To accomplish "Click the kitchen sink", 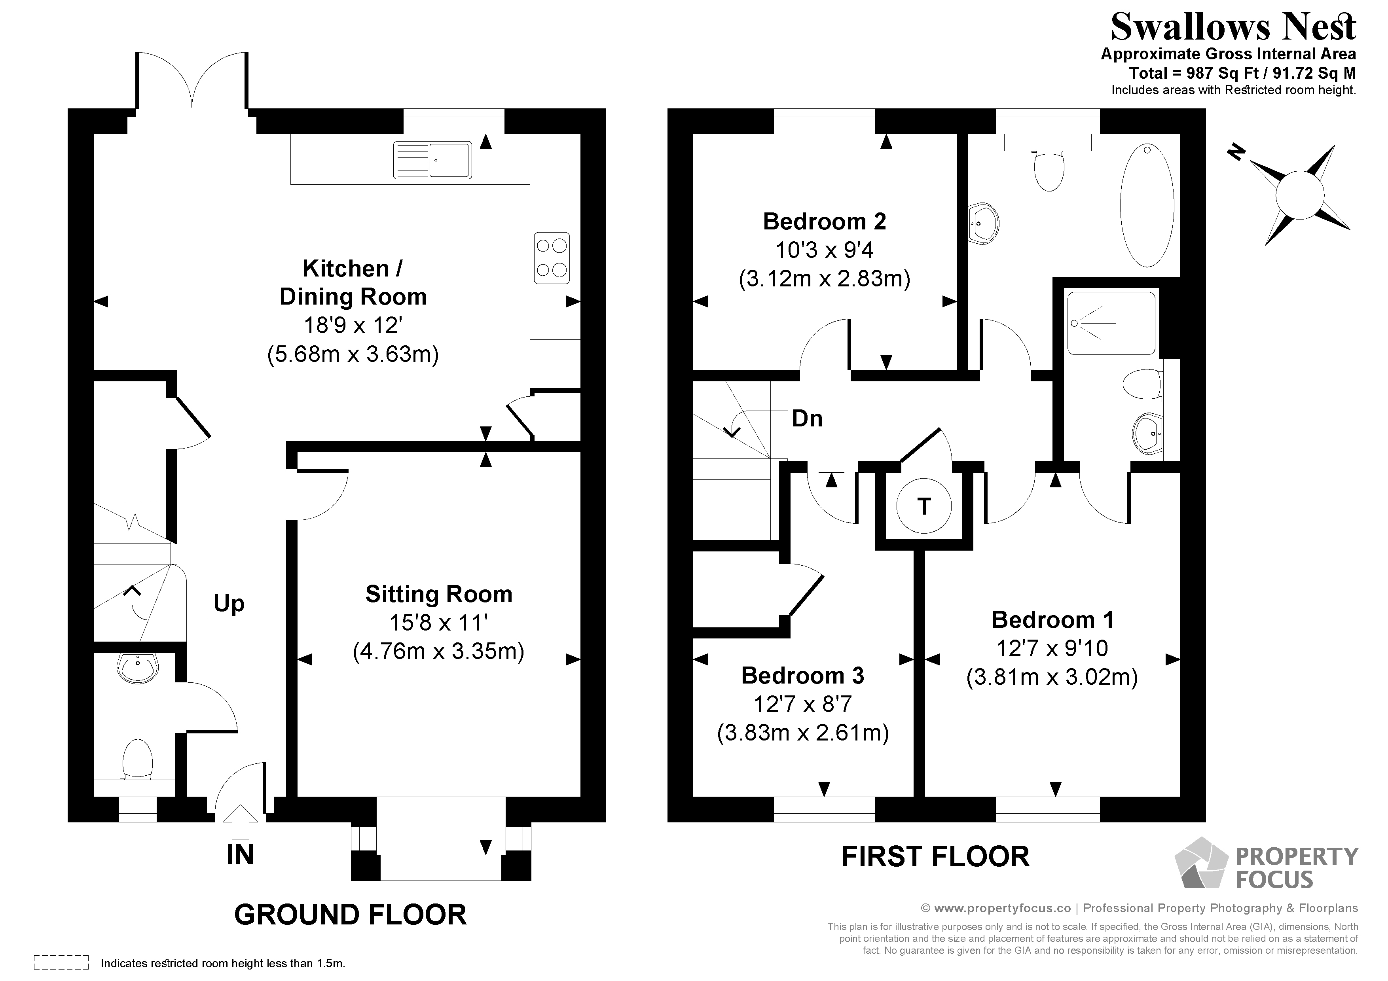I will point(432,160).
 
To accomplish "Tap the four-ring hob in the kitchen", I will point(551,258).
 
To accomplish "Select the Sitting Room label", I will point(438,594).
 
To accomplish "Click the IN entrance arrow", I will point(241,821).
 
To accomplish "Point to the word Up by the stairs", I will point(229,603).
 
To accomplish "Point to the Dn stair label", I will point(807,418).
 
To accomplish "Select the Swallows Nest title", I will point(1233,27).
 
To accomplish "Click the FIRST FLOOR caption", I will point(935,856).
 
